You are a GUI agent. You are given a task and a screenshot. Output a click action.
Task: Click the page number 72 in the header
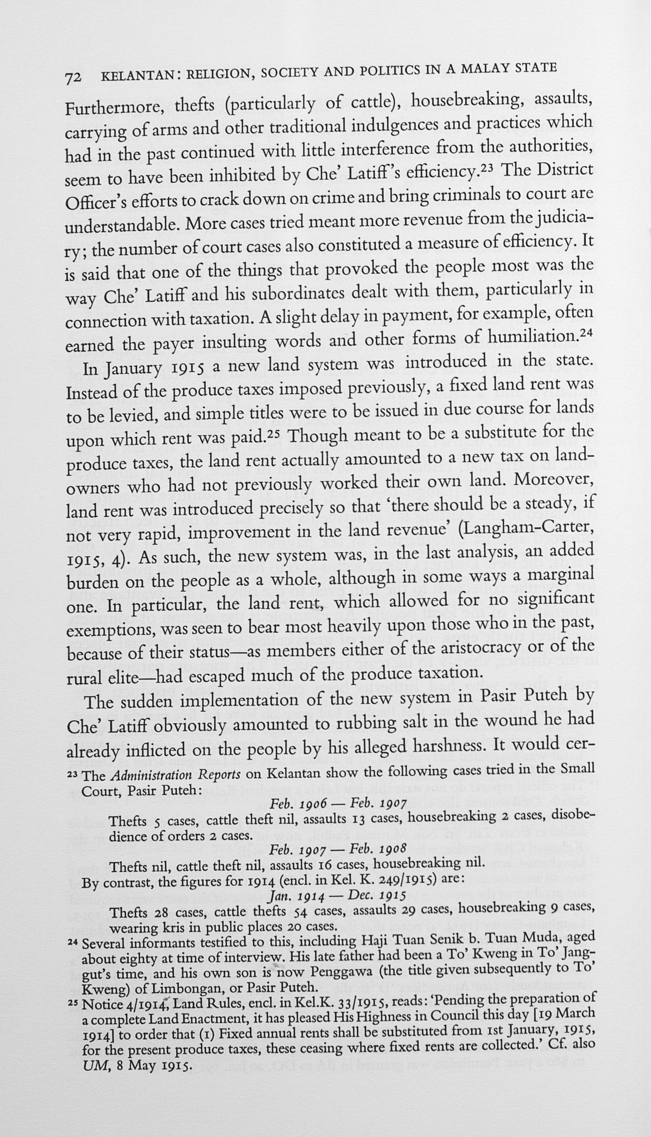74,78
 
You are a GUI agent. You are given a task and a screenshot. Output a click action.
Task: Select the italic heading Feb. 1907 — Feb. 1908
338,849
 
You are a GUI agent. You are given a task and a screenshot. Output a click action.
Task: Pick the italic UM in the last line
92,1067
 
